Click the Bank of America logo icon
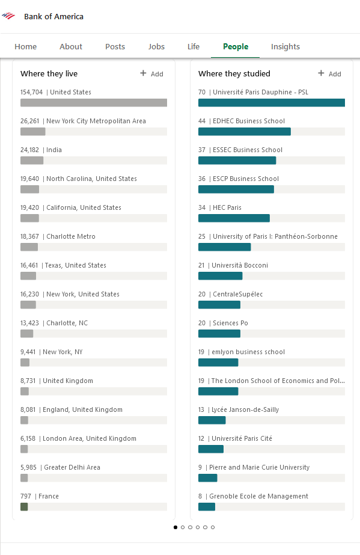[x=8, y=16]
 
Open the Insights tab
[x=285, y=46]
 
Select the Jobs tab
[x=156, y=46]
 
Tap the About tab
[x=71, y=46]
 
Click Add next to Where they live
[x=151, y=73]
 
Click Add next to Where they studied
[x=329, y=73]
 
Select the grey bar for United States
[x=94, y=103]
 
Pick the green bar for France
[x=24, y=506]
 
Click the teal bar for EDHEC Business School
[x=245, y=132]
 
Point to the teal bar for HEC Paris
[x=234, y=218]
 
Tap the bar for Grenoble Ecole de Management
[x=207, y=506]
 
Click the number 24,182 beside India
[x=29, y=150]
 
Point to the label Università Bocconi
[x=240, y=265]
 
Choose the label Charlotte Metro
[x=71, y=236]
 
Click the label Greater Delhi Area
[x=72, y=467]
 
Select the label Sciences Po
[x=230, y=323]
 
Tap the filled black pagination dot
[x=175, y=527]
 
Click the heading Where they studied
[x=234, y=73]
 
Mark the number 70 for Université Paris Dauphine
[x=202, y=92]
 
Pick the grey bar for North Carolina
[x=29, y=189]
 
